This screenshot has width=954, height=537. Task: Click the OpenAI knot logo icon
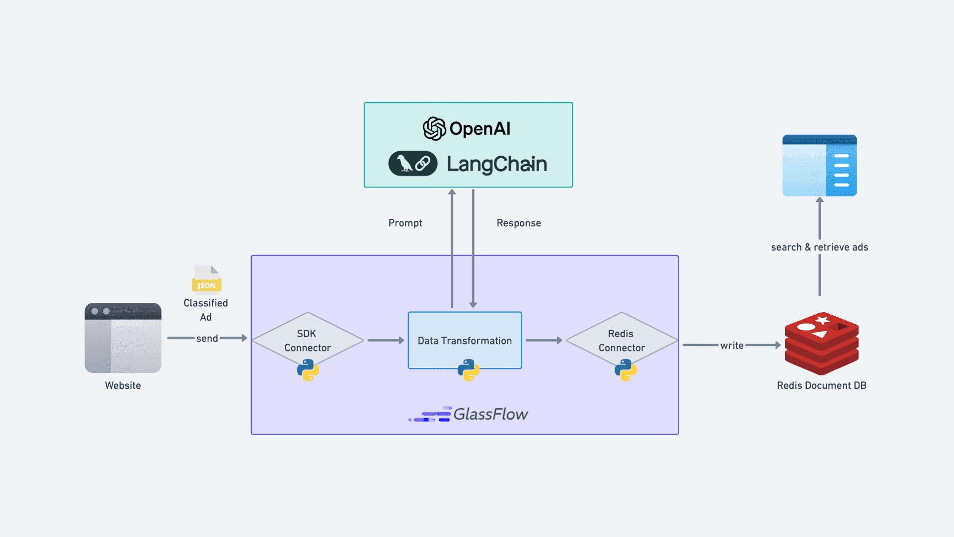[x=434, y=129]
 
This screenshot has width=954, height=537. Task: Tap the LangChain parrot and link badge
[x=413, y=164]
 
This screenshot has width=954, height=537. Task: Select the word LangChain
[x=496, y=164]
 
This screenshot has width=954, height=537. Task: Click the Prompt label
[x=405, y=223]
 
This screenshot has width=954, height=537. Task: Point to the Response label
[x=518, y=223]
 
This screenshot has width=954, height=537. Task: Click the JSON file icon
[x=207, y=279]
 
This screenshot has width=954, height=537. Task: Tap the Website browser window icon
[x=123, y=338]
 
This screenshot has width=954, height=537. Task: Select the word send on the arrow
[x=207, y=339]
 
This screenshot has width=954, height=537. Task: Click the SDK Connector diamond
[x=308, y=340]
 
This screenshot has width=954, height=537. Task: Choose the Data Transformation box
[x=465, y=340]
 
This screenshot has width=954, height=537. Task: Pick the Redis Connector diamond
[x=622, y=340]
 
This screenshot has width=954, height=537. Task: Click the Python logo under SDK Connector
[x=308, y=370]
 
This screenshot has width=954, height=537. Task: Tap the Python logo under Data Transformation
[x=469, y=370]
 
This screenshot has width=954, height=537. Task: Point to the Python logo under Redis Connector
[x=626, y=370]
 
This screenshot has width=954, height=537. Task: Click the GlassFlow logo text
[x=490, y=414]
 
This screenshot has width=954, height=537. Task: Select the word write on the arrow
[x=731, y=346]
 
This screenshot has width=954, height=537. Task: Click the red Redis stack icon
[x=821, y=343]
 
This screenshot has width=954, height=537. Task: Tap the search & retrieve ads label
[x=819, y=247]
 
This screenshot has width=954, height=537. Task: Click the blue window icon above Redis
[x=819, y=166]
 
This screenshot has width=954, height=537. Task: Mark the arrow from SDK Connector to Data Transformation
[x=386, y=341]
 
